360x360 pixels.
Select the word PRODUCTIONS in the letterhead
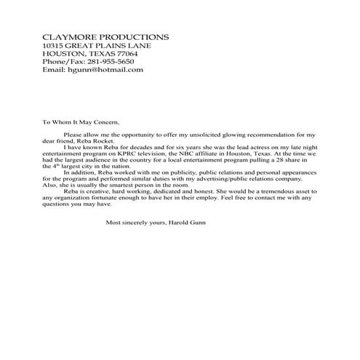click(x=135, y=37)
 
